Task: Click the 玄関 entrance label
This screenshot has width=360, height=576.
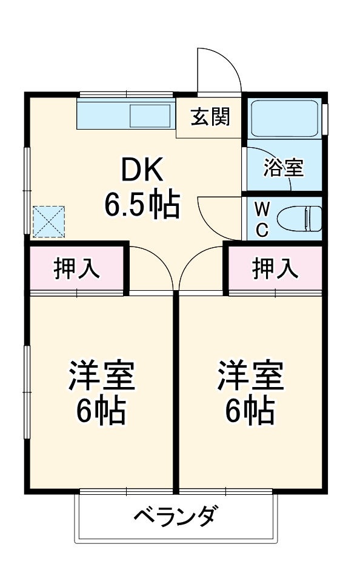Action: (x=210, y=117)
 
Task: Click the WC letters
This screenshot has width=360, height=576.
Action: (x=261, y=219)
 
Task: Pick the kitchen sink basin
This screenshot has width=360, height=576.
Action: (x=150, y=116)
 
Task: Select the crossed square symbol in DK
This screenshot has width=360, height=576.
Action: (x=48, y=221)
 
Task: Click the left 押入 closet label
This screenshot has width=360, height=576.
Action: (x=77, y=268)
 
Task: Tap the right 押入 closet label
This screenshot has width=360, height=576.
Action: (x=275, y=268)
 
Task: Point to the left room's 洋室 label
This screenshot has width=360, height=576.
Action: (x=101, y=377)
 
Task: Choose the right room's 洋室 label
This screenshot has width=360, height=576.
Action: (x=251, y=377)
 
